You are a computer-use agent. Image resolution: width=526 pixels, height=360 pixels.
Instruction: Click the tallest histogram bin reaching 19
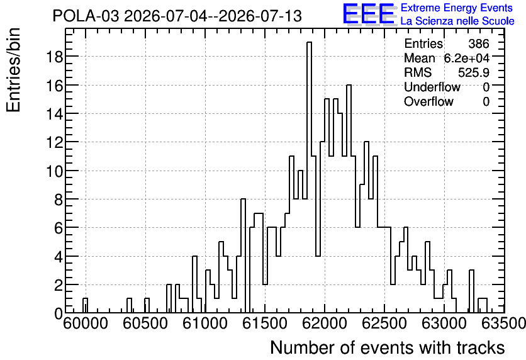pyautogui.click(x=310, y=177)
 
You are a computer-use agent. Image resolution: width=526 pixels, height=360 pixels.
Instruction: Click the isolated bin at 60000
pyautogui.click(x=85, y=305)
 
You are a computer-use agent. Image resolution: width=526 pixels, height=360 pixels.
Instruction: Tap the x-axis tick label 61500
pyautogui.click(x=265, y=323)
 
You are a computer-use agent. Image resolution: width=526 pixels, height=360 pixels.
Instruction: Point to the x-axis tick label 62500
pyautogui.click(x=384, y=323)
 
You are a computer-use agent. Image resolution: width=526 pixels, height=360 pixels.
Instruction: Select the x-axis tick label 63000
pyautogui.click(x=444, y=323)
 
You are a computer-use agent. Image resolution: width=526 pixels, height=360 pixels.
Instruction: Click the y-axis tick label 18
pyautogui.click(x=53, y=57)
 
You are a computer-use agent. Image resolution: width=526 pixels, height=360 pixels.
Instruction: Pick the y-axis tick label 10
pyautogui.click(x=53, y=171)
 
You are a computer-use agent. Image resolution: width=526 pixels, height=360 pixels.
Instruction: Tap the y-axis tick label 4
pyautogui.click(x=58, y=256)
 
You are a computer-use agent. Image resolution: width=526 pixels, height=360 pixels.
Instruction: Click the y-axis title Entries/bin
pyautogui.click(x=13, y=70)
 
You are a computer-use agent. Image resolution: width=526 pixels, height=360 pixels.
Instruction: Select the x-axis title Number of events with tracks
pyautogui.click(x=388, y=347)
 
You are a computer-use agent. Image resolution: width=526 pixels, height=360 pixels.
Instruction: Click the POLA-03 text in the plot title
pyautogui.click(x=86, y=16)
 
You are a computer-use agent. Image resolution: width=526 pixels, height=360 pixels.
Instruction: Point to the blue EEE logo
pyautogui.click(x=369, y=14)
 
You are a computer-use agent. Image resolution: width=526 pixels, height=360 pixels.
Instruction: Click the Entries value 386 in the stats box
pyautogui.click(x=479, y=43)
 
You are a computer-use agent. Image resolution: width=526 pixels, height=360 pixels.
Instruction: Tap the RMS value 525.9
pyautogui.click(x=474, y=72)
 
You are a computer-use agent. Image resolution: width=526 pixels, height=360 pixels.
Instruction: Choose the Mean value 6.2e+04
pyautogui.click(x=467, y=58)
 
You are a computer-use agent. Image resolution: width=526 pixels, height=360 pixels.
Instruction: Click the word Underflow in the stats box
pyautogui.click(x=432, y=87)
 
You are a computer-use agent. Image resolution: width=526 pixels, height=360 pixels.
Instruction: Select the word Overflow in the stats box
pyautogui.click(x=428, y=101)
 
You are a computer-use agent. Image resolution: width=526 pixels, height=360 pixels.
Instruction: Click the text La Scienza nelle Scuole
pyautogui.click(x=457, y=21)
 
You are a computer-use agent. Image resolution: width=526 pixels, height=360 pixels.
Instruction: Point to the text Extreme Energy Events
pyautogui.click(x=457, y=8)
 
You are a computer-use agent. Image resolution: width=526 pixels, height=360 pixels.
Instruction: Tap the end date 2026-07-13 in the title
pyautogui.click(x=260, y=16)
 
